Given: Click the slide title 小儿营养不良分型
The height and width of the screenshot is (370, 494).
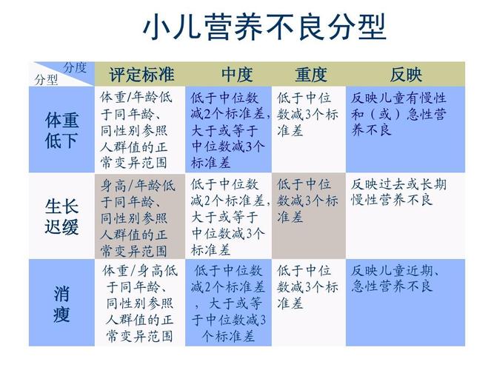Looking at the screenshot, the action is pyautogui.click(x=264, y=27).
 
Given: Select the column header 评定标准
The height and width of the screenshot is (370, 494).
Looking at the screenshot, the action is pyautogui.click(x=141, y=75).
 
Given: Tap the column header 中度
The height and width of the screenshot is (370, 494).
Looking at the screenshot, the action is pyautogui.click(x=237, y=75).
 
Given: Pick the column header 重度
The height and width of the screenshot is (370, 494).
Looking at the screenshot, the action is pyautogui.click(x=311, y=75).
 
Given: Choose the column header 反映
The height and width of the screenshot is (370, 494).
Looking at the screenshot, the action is pyautogui.click(x=406, y=75).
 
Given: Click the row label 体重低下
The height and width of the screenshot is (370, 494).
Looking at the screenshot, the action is pyautogui.click(x=61, y=129).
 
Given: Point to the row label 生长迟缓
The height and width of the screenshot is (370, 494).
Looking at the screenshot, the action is pyautogui.click(x=61, y=216).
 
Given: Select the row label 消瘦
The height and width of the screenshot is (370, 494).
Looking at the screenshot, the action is pyautogui.click(x=61, y=303).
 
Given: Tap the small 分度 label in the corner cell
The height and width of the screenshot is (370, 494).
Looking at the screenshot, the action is pyautogui.click(x=75, y=67).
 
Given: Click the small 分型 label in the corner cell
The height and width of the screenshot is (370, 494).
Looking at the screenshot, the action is pyautogui.click(x=47, y=80).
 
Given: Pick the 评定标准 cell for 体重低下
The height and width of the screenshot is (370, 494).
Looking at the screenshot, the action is pyautogui.click(x=140, y=129).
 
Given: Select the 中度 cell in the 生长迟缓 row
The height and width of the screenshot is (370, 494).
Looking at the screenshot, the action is pyautogui.click(x=228, y=216).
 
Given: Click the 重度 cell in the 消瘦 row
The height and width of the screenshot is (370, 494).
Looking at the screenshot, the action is pyautogui.click(x=309, y=303).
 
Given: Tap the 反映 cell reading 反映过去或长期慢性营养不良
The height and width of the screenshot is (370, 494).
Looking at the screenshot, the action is pyautogui.click(x=405, y=216).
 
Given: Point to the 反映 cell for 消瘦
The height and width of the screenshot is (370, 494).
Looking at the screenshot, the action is pyautogui.click(x=405, y=303).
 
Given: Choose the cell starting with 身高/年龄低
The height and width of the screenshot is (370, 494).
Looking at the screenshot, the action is pyautogui.click(x=140, y=216).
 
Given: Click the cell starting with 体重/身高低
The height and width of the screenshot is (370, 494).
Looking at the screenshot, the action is pyautogui.click(x=140, y=303).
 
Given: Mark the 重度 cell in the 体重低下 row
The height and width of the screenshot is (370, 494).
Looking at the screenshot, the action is pyautogui.click(x=309, y=129).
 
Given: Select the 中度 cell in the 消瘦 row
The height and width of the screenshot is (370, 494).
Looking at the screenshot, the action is pyautogui.click(x=228, y=303).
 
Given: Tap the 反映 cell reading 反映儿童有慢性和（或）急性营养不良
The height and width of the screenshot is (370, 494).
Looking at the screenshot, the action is pyautogui.click(x=405, y=129).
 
